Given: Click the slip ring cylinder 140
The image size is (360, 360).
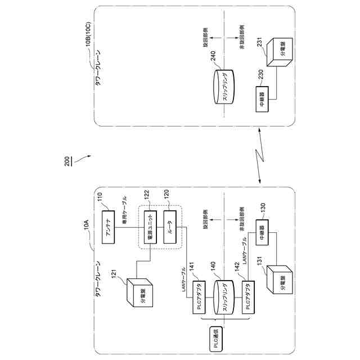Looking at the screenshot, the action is point(223,299).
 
